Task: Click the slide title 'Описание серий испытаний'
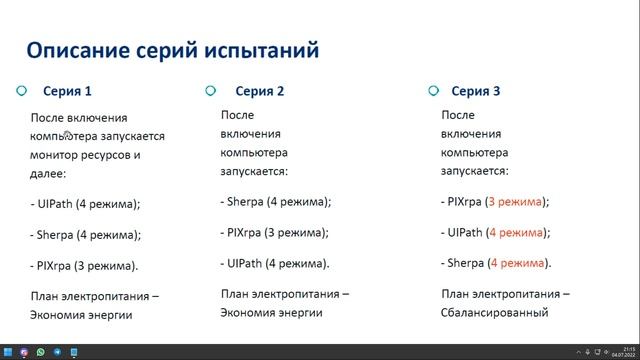point(172,49)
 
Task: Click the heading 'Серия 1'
point(67,91)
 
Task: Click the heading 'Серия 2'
point(260,91)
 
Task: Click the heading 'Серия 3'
point(476,91)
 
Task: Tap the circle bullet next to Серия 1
point(21,90)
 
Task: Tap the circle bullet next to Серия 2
point(211,90)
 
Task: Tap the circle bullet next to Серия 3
point(433,90)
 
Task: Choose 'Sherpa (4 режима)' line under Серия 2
point(275,201)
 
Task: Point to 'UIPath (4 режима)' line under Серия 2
point(275,263)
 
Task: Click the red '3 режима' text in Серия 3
point(514,201)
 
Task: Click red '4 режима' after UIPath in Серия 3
point(515,232)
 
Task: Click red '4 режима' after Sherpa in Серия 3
point(517,263)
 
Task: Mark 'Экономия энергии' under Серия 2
point(271,312)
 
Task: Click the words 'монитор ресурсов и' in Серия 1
point(85,155)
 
